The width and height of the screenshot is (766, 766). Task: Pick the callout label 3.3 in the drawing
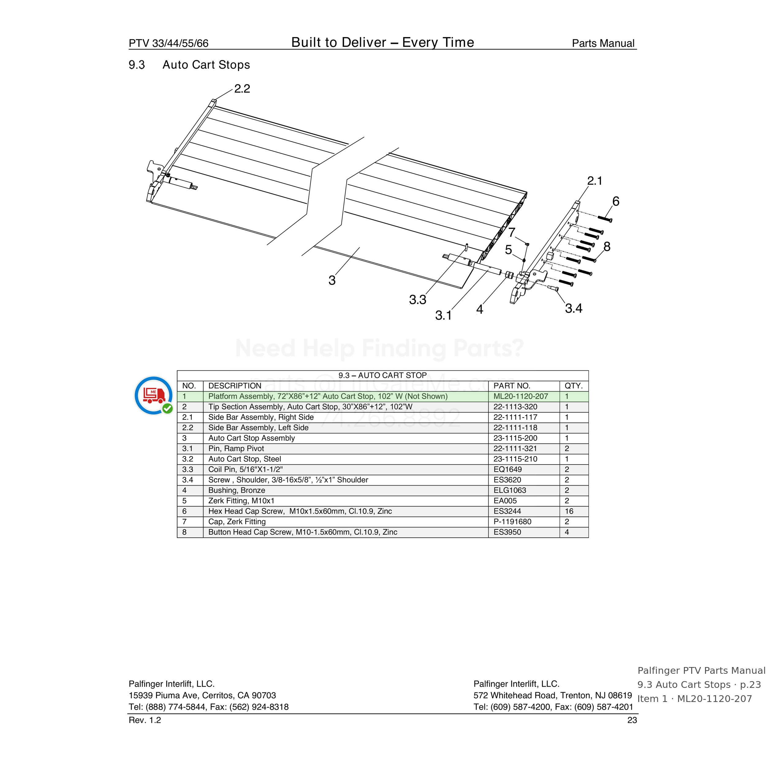418,300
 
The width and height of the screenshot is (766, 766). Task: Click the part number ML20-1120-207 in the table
521,396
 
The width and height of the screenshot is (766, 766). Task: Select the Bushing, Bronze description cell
237,490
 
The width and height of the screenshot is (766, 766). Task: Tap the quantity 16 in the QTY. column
569,511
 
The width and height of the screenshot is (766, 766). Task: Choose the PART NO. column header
511,386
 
